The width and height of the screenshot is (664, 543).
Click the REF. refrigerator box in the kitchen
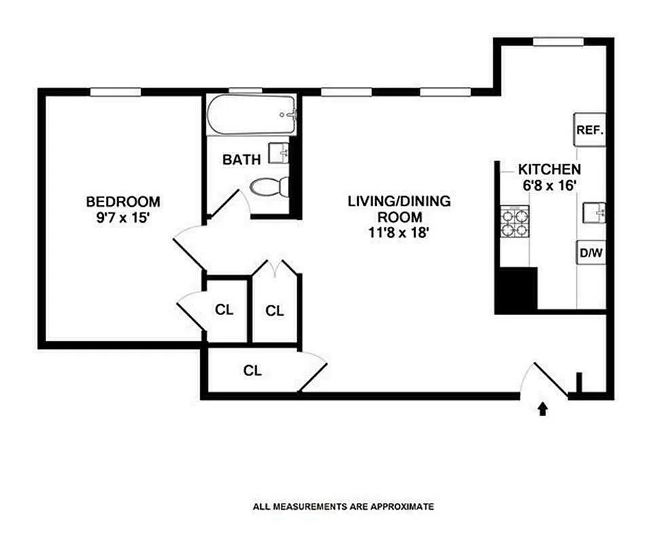click(589, 130)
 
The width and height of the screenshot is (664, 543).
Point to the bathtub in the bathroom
click(251, 115)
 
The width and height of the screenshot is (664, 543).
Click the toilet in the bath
click(269, 187)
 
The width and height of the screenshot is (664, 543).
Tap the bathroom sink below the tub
click(279, 153)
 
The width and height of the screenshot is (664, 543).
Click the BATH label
click(241, 161)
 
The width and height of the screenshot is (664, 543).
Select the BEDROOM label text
click(123, 202)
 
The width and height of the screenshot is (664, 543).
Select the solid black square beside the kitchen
click(517, 290)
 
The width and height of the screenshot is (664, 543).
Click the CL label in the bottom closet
click(253, 371)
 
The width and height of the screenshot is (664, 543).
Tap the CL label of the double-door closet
click(274, 311)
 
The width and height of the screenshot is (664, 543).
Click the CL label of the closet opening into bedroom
click(224, 310)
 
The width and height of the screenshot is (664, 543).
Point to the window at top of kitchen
click(558, 41)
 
